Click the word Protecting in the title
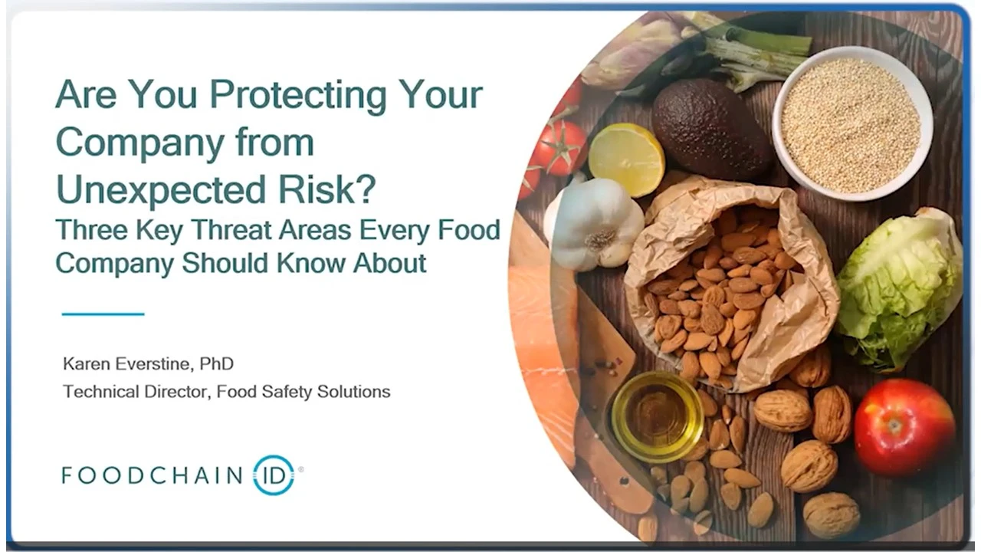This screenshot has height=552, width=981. [x=298, y=96]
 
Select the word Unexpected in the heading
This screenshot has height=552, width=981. [x=161, y=189]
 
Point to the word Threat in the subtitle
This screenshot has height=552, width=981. [x=228, y=230]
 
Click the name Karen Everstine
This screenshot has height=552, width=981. [x=127, y=363]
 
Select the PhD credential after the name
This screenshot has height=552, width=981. [x=216, y=363]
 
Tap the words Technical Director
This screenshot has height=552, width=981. [x=134, y=391]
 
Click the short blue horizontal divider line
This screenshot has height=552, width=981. [x=103, y=314]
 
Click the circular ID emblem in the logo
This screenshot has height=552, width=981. [x=274, y=475]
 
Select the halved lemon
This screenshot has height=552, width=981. [x=626, y=153]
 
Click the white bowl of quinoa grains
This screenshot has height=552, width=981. [x=851, y=123]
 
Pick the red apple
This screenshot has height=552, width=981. [x=904, y=427]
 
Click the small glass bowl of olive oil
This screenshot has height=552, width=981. [x=657, y=416]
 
